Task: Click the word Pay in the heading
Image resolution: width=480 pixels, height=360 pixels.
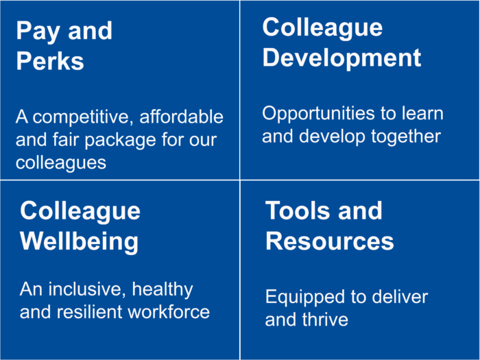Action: point(38,32)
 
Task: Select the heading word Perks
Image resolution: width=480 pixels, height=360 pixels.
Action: point(50,61)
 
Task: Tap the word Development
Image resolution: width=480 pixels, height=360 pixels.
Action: point(341,58)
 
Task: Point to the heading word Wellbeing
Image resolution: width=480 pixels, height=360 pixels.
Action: point(79,242)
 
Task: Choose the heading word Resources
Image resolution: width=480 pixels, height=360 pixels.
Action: point(329,241)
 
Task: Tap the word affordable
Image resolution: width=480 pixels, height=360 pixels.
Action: point(181,117)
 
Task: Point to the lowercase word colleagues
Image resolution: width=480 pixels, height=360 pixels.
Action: point(61,163)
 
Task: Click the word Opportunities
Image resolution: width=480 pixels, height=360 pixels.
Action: point(318,114)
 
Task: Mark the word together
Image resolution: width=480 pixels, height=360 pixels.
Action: point(406,136)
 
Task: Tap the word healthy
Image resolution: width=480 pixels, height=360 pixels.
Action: point(163,289)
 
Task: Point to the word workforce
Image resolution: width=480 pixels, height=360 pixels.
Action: point(169,311)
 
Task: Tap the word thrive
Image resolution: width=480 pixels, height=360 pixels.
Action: point(325,320)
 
